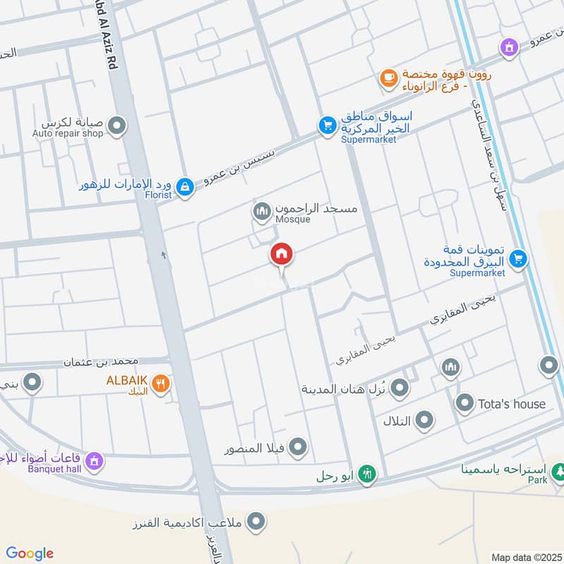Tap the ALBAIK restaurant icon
pos(161,384)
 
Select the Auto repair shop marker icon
pos(118,126)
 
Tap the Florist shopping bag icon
pos(185,187)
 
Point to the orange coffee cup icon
pos(388,80)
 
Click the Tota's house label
pos(512,404)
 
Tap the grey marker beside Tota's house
pos(464,404)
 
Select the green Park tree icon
pos(558,470)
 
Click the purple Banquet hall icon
pos(95,462)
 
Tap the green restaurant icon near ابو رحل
pos(365,474)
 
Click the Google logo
pos(29,553)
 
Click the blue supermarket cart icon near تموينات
pos(518,259)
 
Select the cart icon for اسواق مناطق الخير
pos(326,126)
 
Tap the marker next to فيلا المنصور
pos(298,447)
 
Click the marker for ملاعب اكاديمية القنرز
pos(257,522)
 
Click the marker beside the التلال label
pos(424,422)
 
